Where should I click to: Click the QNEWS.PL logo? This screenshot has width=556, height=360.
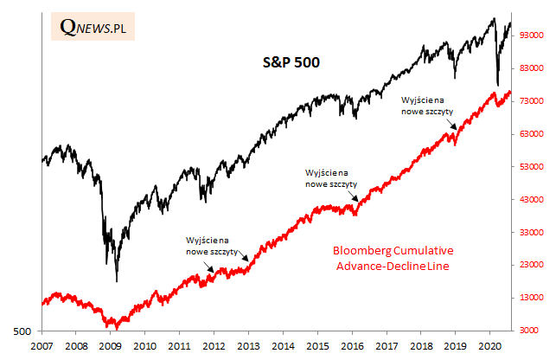[94, 28]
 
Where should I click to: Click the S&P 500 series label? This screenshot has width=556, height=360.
[292, 62]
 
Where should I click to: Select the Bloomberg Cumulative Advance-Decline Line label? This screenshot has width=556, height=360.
[393, 258]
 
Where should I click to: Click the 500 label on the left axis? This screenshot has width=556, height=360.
[23, 331]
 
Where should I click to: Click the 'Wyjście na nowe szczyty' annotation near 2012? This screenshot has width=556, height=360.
[207, 245]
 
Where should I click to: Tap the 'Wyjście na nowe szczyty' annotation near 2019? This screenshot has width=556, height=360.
[429, 105]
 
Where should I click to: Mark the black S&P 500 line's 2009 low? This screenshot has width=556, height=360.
[117, 280]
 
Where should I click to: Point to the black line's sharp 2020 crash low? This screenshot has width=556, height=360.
[497, 85]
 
